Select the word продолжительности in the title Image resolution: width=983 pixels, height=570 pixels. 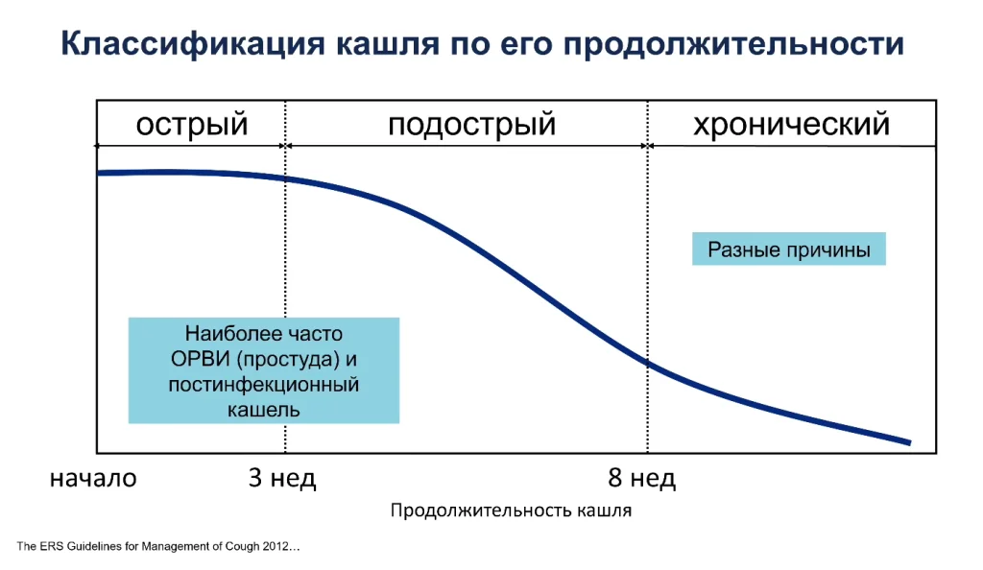pos(733,44)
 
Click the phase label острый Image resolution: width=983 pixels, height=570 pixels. pos(192,124)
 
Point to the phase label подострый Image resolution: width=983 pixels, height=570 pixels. pos(471,124)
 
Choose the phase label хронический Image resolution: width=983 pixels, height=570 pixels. pos(791,124)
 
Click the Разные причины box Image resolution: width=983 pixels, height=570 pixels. pos(789,249)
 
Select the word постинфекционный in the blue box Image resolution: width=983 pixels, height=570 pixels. pos(264,384)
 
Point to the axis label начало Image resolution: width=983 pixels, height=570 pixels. pos(93,478)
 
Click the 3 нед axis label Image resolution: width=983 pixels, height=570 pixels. pos(282,478)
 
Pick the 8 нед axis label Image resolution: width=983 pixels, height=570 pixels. pos(641,478)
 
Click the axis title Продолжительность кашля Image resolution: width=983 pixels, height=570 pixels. pos(511,511)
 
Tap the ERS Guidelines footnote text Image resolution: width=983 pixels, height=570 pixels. pos(158,546)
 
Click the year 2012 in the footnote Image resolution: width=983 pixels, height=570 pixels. pos(275,546)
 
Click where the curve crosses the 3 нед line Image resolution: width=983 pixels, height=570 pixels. pos(285,178)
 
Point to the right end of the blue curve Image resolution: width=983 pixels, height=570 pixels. pos(910,442)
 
